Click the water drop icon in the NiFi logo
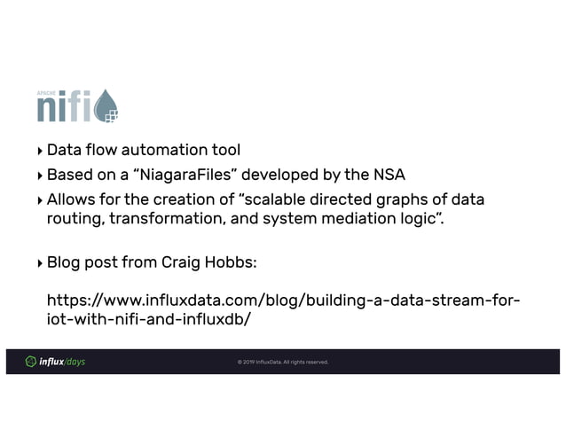pos(106,105)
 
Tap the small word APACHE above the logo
pos(46,91)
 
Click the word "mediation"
pos(351,219)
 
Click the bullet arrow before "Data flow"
pos(39,149)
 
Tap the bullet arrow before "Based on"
pos(39,174)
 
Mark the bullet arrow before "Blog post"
pos(39,263)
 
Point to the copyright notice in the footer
pos(282,362)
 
